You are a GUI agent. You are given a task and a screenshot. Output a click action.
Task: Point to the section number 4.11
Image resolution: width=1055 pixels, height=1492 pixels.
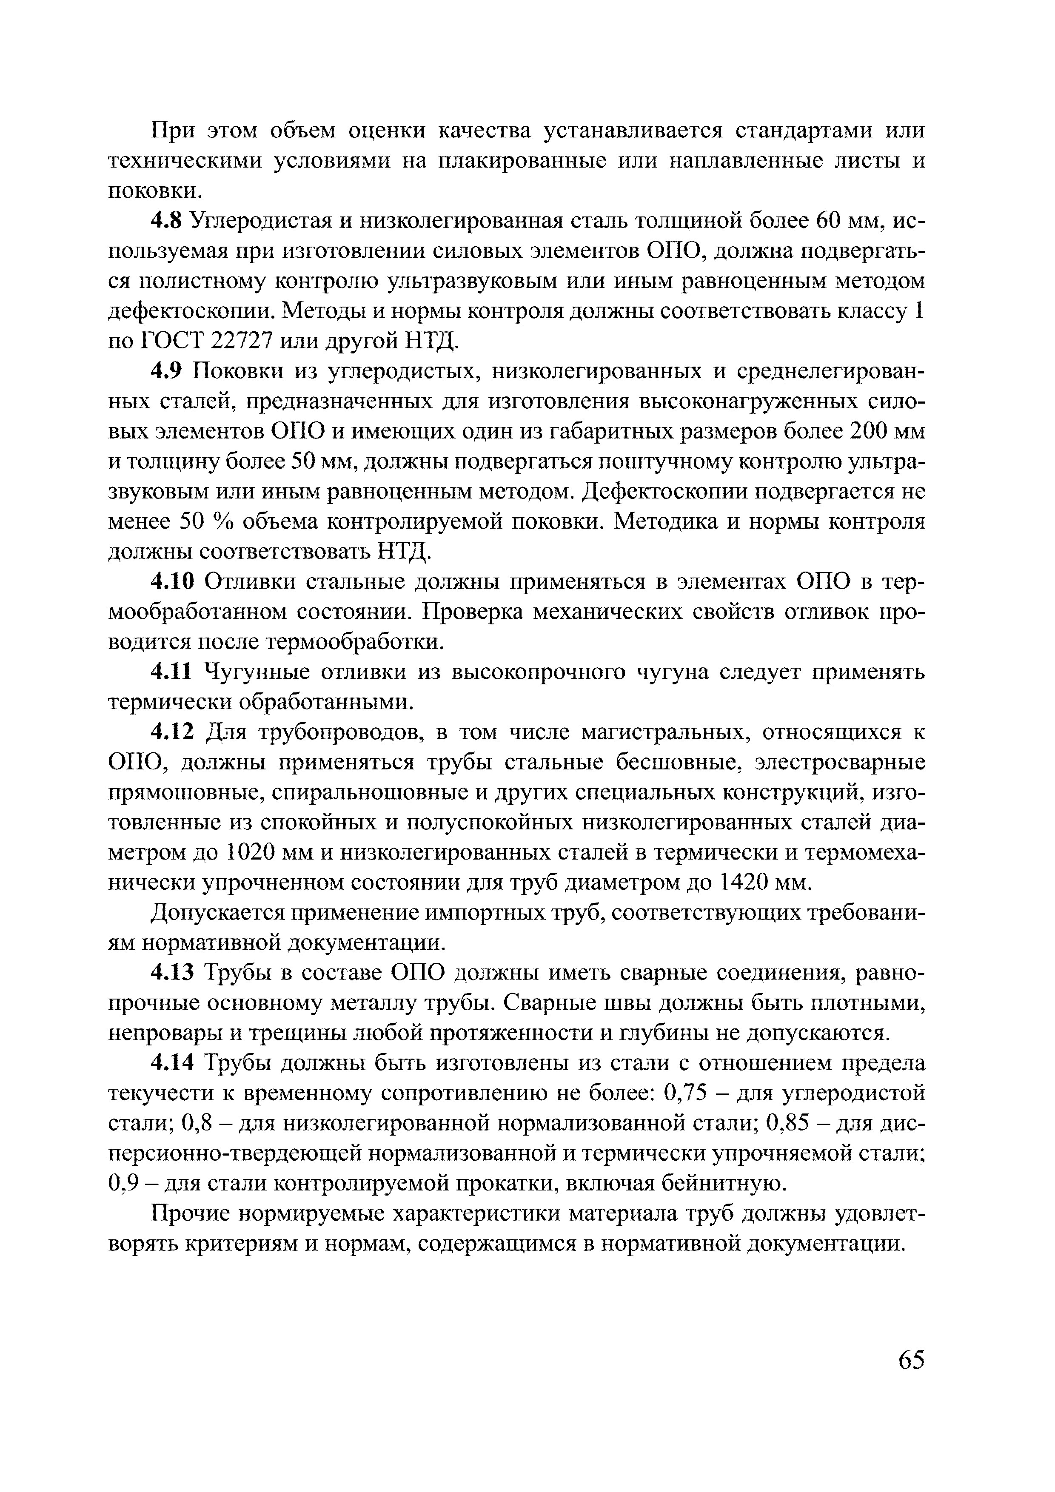(172, 672)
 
